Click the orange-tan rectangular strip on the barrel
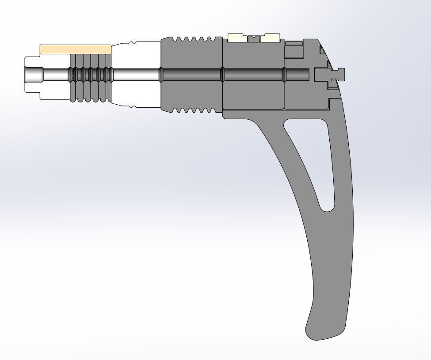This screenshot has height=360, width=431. coord(75,49)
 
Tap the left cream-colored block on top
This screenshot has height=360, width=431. coord(237,38)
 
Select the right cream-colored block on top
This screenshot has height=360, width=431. coord(270,38)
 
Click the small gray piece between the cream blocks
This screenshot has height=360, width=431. coord(254,39)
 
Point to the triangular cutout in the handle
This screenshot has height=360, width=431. coord(316,155)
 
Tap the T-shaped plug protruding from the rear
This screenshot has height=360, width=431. coord(329,75)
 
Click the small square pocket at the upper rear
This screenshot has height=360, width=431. coord(293,50)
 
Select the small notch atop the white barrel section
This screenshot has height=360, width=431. coord(131,43)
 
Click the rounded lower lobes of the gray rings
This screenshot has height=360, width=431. coord(90,98)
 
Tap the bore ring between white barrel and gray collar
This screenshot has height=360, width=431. coord(161,75)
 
